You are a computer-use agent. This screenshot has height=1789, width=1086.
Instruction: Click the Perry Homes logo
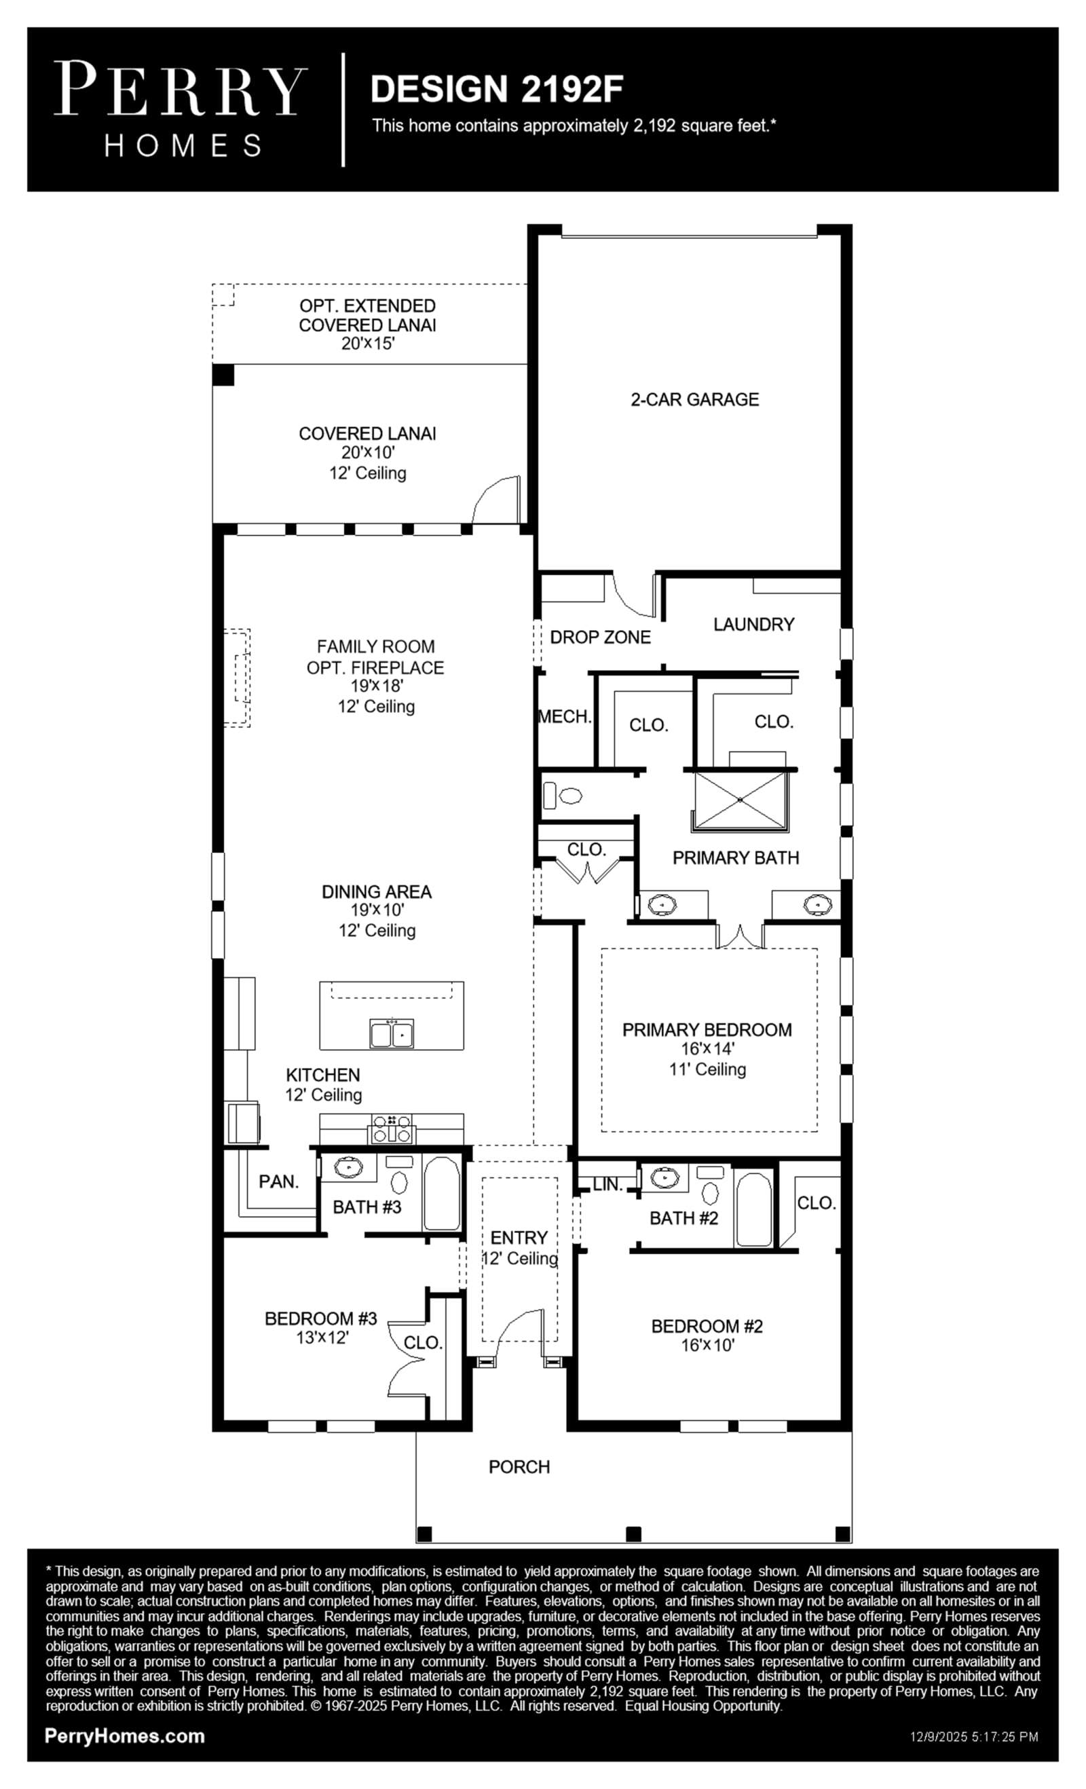181,109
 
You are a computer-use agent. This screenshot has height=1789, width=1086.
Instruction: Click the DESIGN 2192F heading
497,90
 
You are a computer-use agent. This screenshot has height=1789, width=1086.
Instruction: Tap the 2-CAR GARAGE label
695,399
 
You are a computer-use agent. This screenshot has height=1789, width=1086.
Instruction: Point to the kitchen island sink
392,1033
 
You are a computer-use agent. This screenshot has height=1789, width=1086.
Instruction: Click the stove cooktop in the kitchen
392,1128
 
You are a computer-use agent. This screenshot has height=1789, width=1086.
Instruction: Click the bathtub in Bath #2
753,1209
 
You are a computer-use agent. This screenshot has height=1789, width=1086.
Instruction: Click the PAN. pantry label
279,1181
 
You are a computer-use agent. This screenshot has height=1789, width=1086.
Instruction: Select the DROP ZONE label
600,638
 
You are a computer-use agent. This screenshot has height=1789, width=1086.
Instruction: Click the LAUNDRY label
753,625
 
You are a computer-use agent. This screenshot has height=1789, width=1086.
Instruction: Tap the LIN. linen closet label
607,1184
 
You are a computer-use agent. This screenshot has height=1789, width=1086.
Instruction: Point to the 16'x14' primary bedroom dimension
707,1048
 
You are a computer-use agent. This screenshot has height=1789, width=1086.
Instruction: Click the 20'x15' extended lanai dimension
367,344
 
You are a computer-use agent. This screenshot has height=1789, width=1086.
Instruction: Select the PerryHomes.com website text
125,1736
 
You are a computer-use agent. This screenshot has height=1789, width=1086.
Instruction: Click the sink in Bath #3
349,1168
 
